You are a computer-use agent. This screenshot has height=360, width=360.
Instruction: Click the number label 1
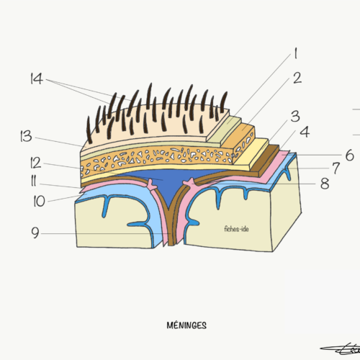(x=296, y=53)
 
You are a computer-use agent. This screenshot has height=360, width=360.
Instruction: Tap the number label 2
(x=297, y=78)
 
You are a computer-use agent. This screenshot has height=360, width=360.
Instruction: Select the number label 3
(x=295, y=116)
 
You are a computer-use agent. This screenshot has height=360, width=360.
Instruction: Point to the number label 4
(x=305, y=132)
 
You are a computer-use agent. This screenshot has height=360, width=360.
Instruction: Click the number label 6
(x=350, y=155)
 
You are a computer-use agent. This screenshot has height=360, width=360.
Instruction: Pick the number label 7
(x=336, y=168)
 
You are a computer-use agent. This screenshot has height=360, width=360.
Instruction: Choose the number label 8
(x=325, y=184)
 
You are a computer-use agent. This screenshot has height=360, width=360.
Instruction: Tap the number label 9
(x=35, y=233)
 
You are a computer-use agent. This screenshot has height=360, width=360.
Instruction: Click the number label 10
(x=39, y=201)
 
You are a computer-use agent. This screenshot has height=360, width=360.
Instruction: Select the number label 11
(x=34, y=181)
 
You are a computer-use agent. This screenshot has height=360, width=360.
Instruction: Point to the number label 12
(x=36, y=163)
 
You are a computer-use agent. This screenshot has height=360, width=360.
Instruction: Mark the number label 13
(x=27, y=136)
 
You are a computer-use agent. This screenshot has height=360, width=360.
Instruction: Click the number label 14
(x=37, y=78)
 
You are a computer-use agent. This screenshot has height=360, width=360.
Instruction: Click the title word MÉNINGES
(x=186, y=325)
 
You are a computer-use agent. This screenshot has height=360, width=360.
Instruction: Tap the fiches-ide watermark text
(x=236, y=229)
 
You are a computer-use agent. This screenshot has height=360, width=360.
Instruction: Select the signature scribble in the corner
(x=341, y=350)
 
